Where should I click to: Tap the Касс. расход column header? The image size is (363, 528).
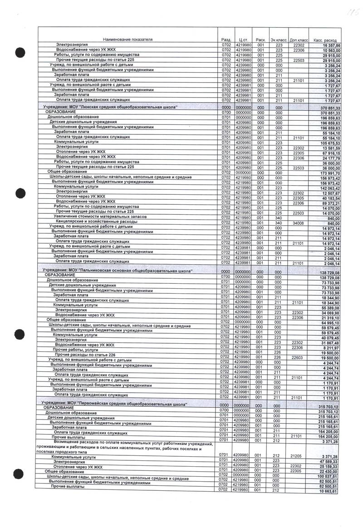tap(330, 40)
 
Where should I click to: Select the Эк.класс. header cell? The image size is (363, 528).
tap(278, 40)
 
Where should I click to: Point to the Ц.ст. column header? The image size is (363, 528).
tap(241, 40)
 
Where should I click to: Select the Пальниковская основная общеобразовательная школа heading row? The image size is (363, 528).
tap(117, 271)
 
